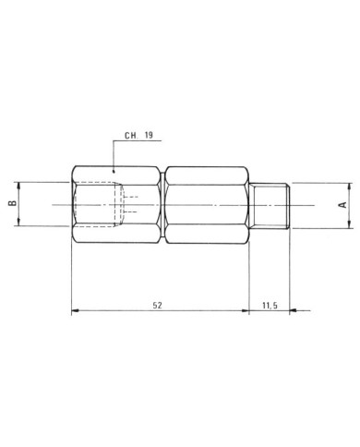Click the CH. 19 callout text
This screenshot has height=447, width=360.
tap(138, 135)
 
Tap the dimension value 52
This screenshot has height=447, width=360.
tap(157, 306)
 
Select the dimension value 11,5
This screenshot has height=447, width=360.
tap(270, 306)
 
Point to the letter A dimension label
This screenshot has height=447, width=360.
tap(342, 205)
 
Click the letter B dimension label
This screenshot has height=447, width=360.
tap(12, 203)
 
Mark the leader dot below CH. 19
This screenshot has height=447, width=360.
tap(114, 170)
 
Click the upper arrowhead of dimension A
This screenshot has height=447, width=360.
tap(350, 187)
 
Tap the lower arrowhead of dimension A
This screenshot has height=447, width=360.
tap(350, 224)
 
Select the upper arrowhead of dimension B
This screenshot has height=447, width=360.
tap(19, 186)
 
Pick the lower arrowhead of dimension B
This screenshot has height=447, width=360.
tap(19, 223)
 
